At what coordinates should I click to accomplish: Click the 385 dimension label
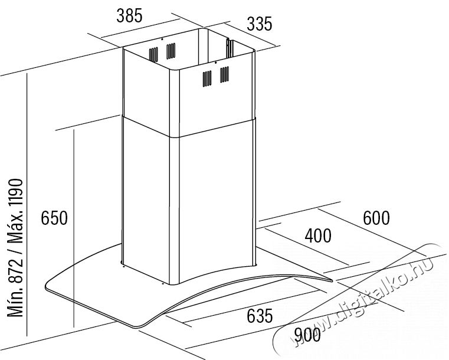click(x=129, y=16)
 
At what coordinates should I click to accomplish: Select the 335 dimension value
click(x=260, y=24)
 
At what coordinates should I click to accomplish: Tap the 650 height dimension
click(x=54, y=218)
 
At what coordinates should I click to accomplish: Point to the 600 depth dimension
click(x=376, y=218)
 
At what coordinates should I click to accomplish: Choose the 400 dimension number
click(x=318, y=236)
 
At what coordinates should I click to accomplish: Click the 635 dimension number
click(x=260, y=316)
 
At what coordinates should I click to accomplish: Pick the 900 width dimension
click(x=307, y=335)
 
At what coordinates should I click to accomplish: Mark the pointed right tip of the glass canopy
click(x=332, y=281)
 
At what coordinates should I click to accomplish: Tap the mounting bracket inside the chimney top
click(x=230, y=48)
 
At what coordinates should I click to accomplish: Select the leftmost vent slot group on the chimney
click(x=153, y=54)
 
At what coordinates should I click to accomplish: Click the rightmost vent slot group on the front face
click(x=224, y=74)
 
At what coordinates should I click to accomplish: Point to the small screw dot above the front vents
click(x=215, y=62)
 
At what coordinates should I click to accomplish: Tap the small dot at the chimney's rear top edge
click(x=162, y=39)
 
